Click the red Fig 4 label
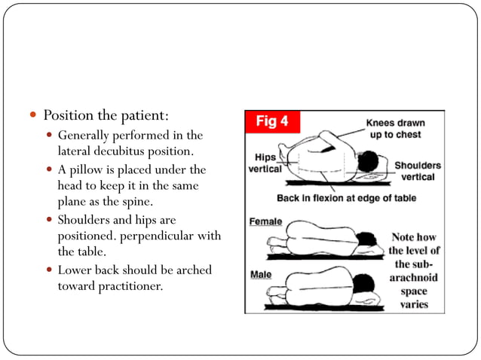click(272, 121)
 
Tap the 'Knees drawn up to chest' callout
click(395, 129)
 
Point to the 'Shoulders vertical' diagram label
click(418, 170)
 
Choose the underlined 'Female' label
click(265, 222)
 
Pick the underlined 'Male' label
click(261, 274)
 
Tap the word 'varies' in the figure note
click(415, 304)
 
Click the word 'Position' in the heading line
click(66, 116)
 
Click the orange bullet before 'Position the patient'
click(33, 117)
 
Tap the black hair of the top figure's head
click(369, 160)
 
